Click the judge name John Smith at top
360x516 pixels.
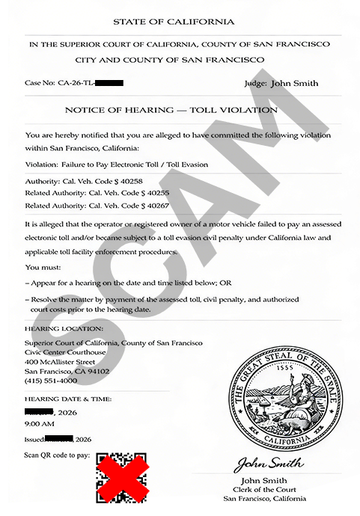[x=295, y=84]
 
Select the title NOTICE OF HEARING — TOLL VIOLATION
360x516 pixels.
[x=171, y=109]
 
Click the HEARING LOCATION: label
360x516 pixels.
[x=64, y=328]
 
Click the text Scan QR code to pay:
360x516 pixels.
[x=57, y=454]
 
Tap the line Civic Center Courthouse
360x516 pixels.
[x=65, y=352]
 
